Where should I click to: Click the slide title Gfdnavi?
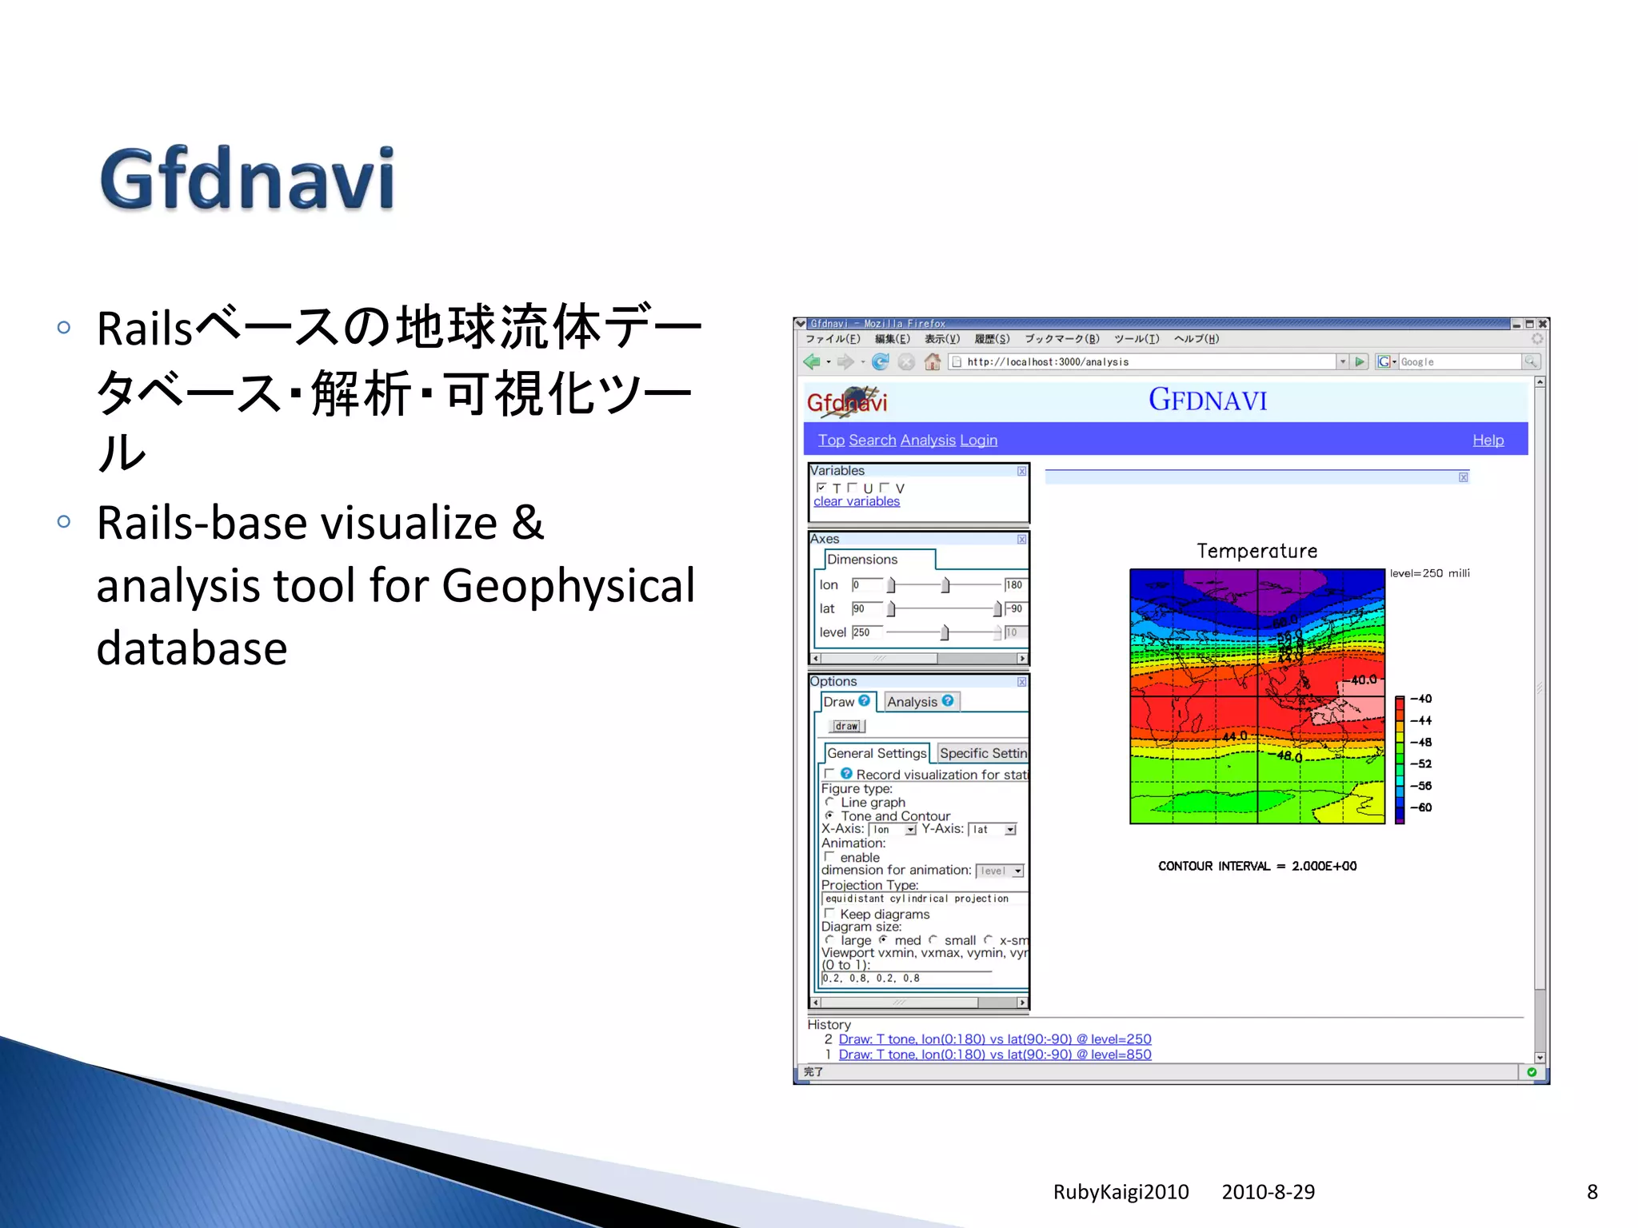click(x=247, y=179)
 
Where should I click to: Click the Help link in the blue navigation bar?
click(x=1488, y=441)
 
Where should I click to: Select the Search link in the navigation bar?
click(x=872, y=441)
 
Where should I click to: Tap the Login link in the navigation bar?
click(x=978, y=441)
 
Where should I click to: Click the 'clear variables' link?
click(x=857, y=501)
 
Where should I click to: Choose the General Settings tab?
click(x=876, y=753)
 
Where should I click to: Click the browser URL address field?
click(x=1144, y=362)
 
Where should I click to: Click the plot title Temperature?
click(x=1256, y=551)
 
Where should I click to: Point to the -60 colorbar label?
click(x=1420, y=807)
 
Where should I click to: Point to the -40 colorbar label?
click(x=1420, y=699)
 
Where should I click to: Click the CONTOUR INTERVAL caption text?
click(x=1256, y=866)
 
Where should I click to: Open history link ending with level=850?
click(x=994, y=1055)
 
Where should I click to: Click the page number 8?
click(x=1592, y=1192)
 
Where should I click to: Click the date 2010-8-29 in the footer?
click(x=1268, y=1192)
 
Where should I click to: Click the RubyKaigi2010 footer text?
click(x=1121, y=1192)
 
